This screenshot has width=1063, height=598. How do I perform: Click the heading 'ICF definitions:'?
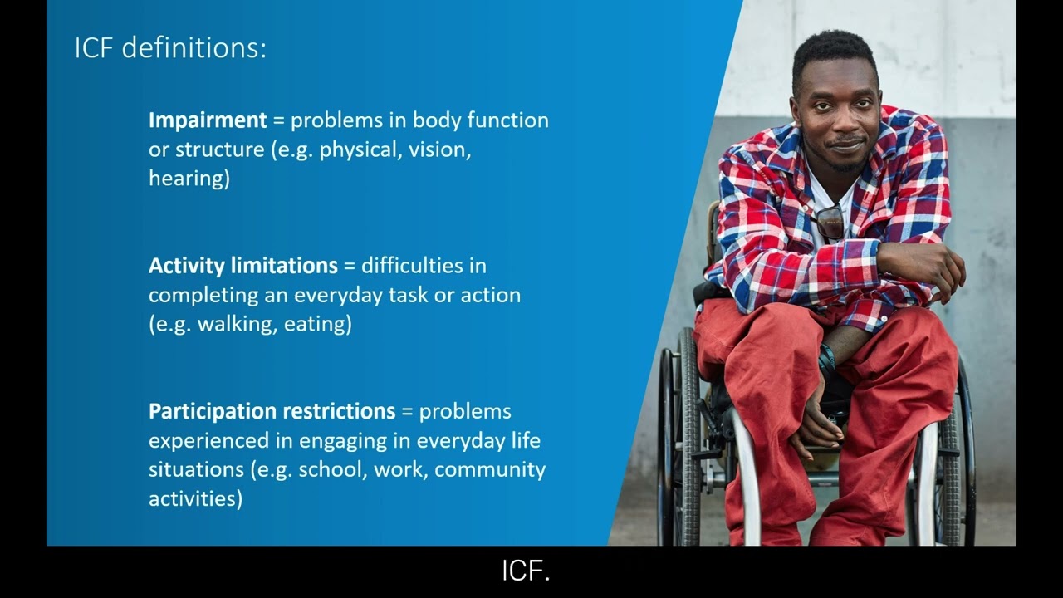[170, 47]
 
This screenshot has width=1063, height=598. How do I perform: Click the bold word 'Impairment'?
[208, 120]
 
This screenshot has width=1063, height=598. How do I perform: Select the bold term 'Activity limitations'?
[242, 266]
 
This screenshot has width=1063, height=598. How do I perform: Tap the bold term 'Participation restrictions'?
[272, 411]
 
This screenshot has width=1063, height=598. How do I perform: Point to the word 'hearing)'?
[189, 178]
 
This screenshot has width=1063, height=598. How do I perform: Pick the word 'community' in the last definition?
[490, 469]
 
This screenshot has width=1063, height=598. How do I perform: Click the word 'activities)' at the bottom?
[195, 498]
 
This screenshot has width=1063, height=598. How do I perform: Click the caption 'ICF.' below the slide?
[527, 571]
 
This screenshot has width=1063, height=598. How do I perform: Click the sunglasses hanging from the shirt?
[830, 222]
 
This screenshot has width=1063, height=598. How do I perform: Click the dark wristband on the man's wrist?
[826, 361]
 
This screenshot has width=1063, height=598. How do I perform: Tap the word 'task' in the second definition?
[407, 295]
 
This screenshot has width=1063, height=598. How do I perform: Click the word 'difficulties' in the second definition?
[424, 266]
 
